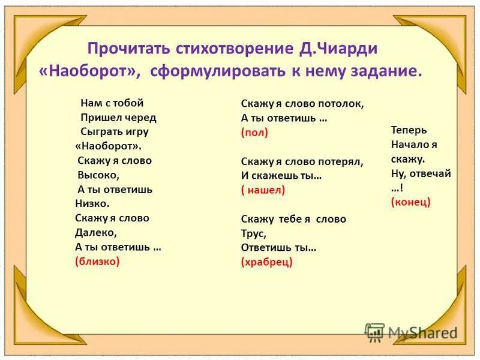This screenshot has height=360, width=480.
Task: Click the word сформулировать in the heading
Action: point(213,71)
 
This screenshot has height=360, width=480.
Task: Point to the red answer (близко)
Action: point(97,261)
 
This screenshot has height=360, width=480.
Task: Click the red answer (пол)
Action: point(254,133)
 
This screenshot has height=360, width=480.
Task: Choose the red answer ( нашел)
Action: point(263,190)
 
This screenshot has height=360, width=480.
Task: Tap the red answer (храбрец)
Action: point(266,262)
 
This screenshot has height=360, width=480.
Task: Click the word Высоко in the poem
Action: point(98,175)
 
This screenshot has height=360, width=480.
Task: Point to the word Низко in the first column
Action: point(92,203)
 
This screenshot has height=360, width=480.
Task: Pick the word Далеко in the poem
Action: point(95,232)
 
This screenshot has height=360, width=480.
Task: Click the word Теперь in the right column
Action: point(409,130)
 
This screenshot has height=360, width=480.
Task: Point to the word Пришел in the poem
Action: point(98,117)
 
